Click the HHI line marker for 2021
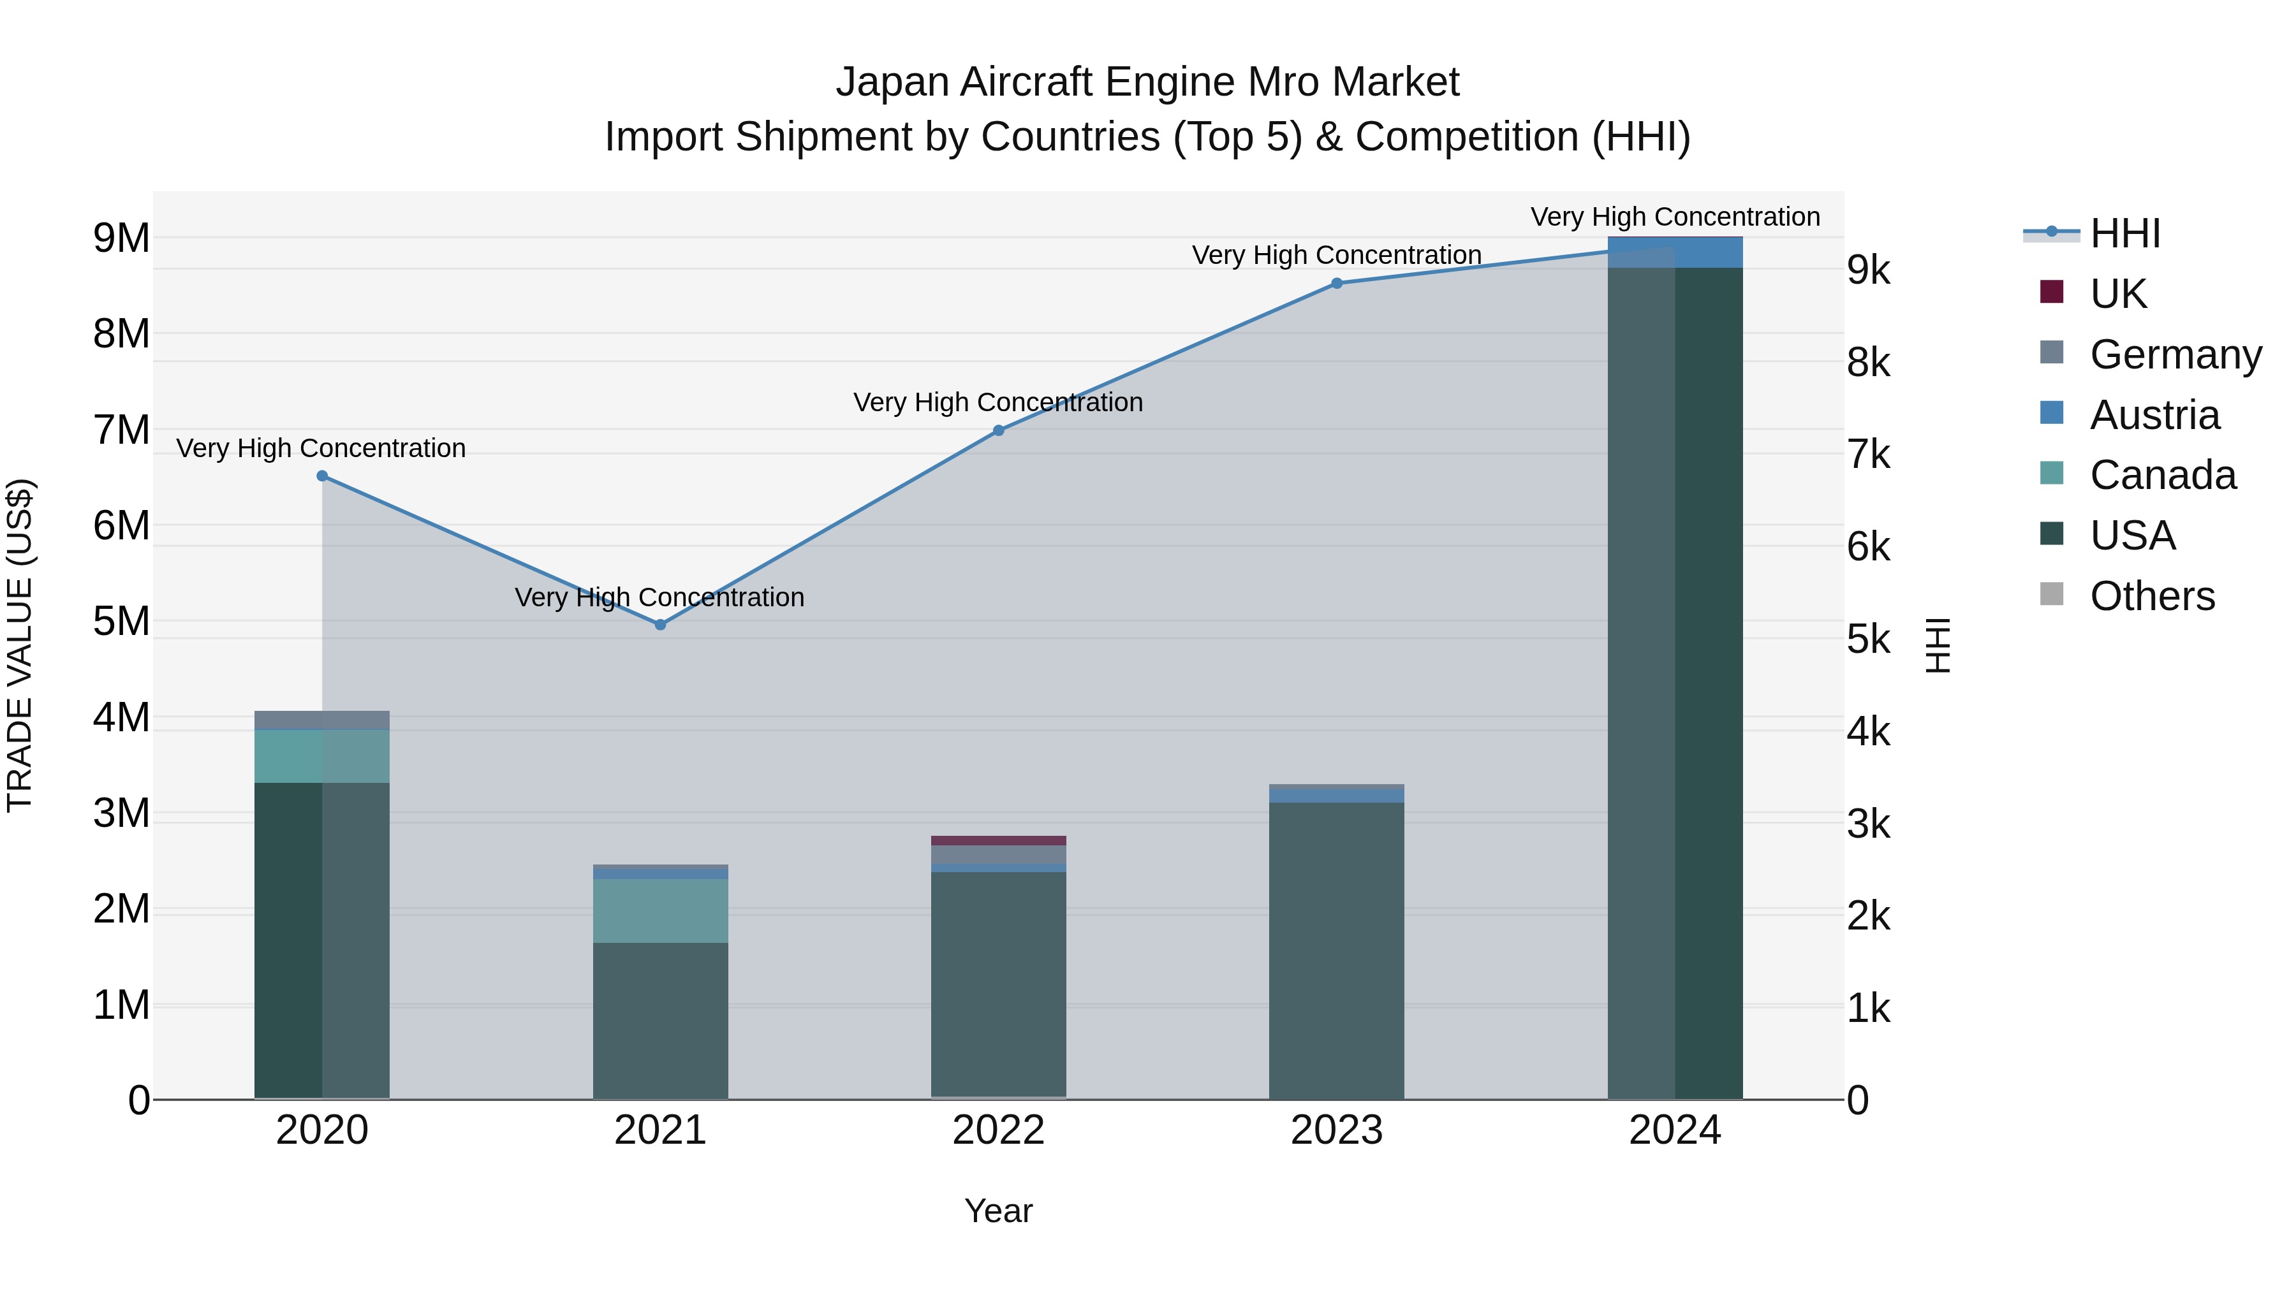[661, 625]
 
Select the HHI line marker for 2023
[1337, 283]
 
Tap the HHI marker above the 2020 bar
[323, 476]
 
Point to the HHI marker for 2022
[998, 430]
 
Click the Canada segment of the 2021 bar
[661, 910]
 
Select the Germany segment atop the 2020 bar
[323, 720]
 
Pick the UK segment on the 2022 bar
[998, 840]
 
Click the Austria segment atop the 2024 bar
[1675, 252]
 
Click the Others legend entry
[2152, 596]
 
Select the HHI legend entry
[2125, 233]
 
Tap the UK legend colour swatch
[2052, 292]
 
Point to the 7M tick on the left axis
[122, 430]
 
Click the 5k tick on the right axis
[1868, 639]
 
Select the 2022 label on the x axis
[998, 1130]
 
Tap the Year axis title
[998, 1211]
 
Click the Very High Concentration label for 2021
[659, 597]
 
